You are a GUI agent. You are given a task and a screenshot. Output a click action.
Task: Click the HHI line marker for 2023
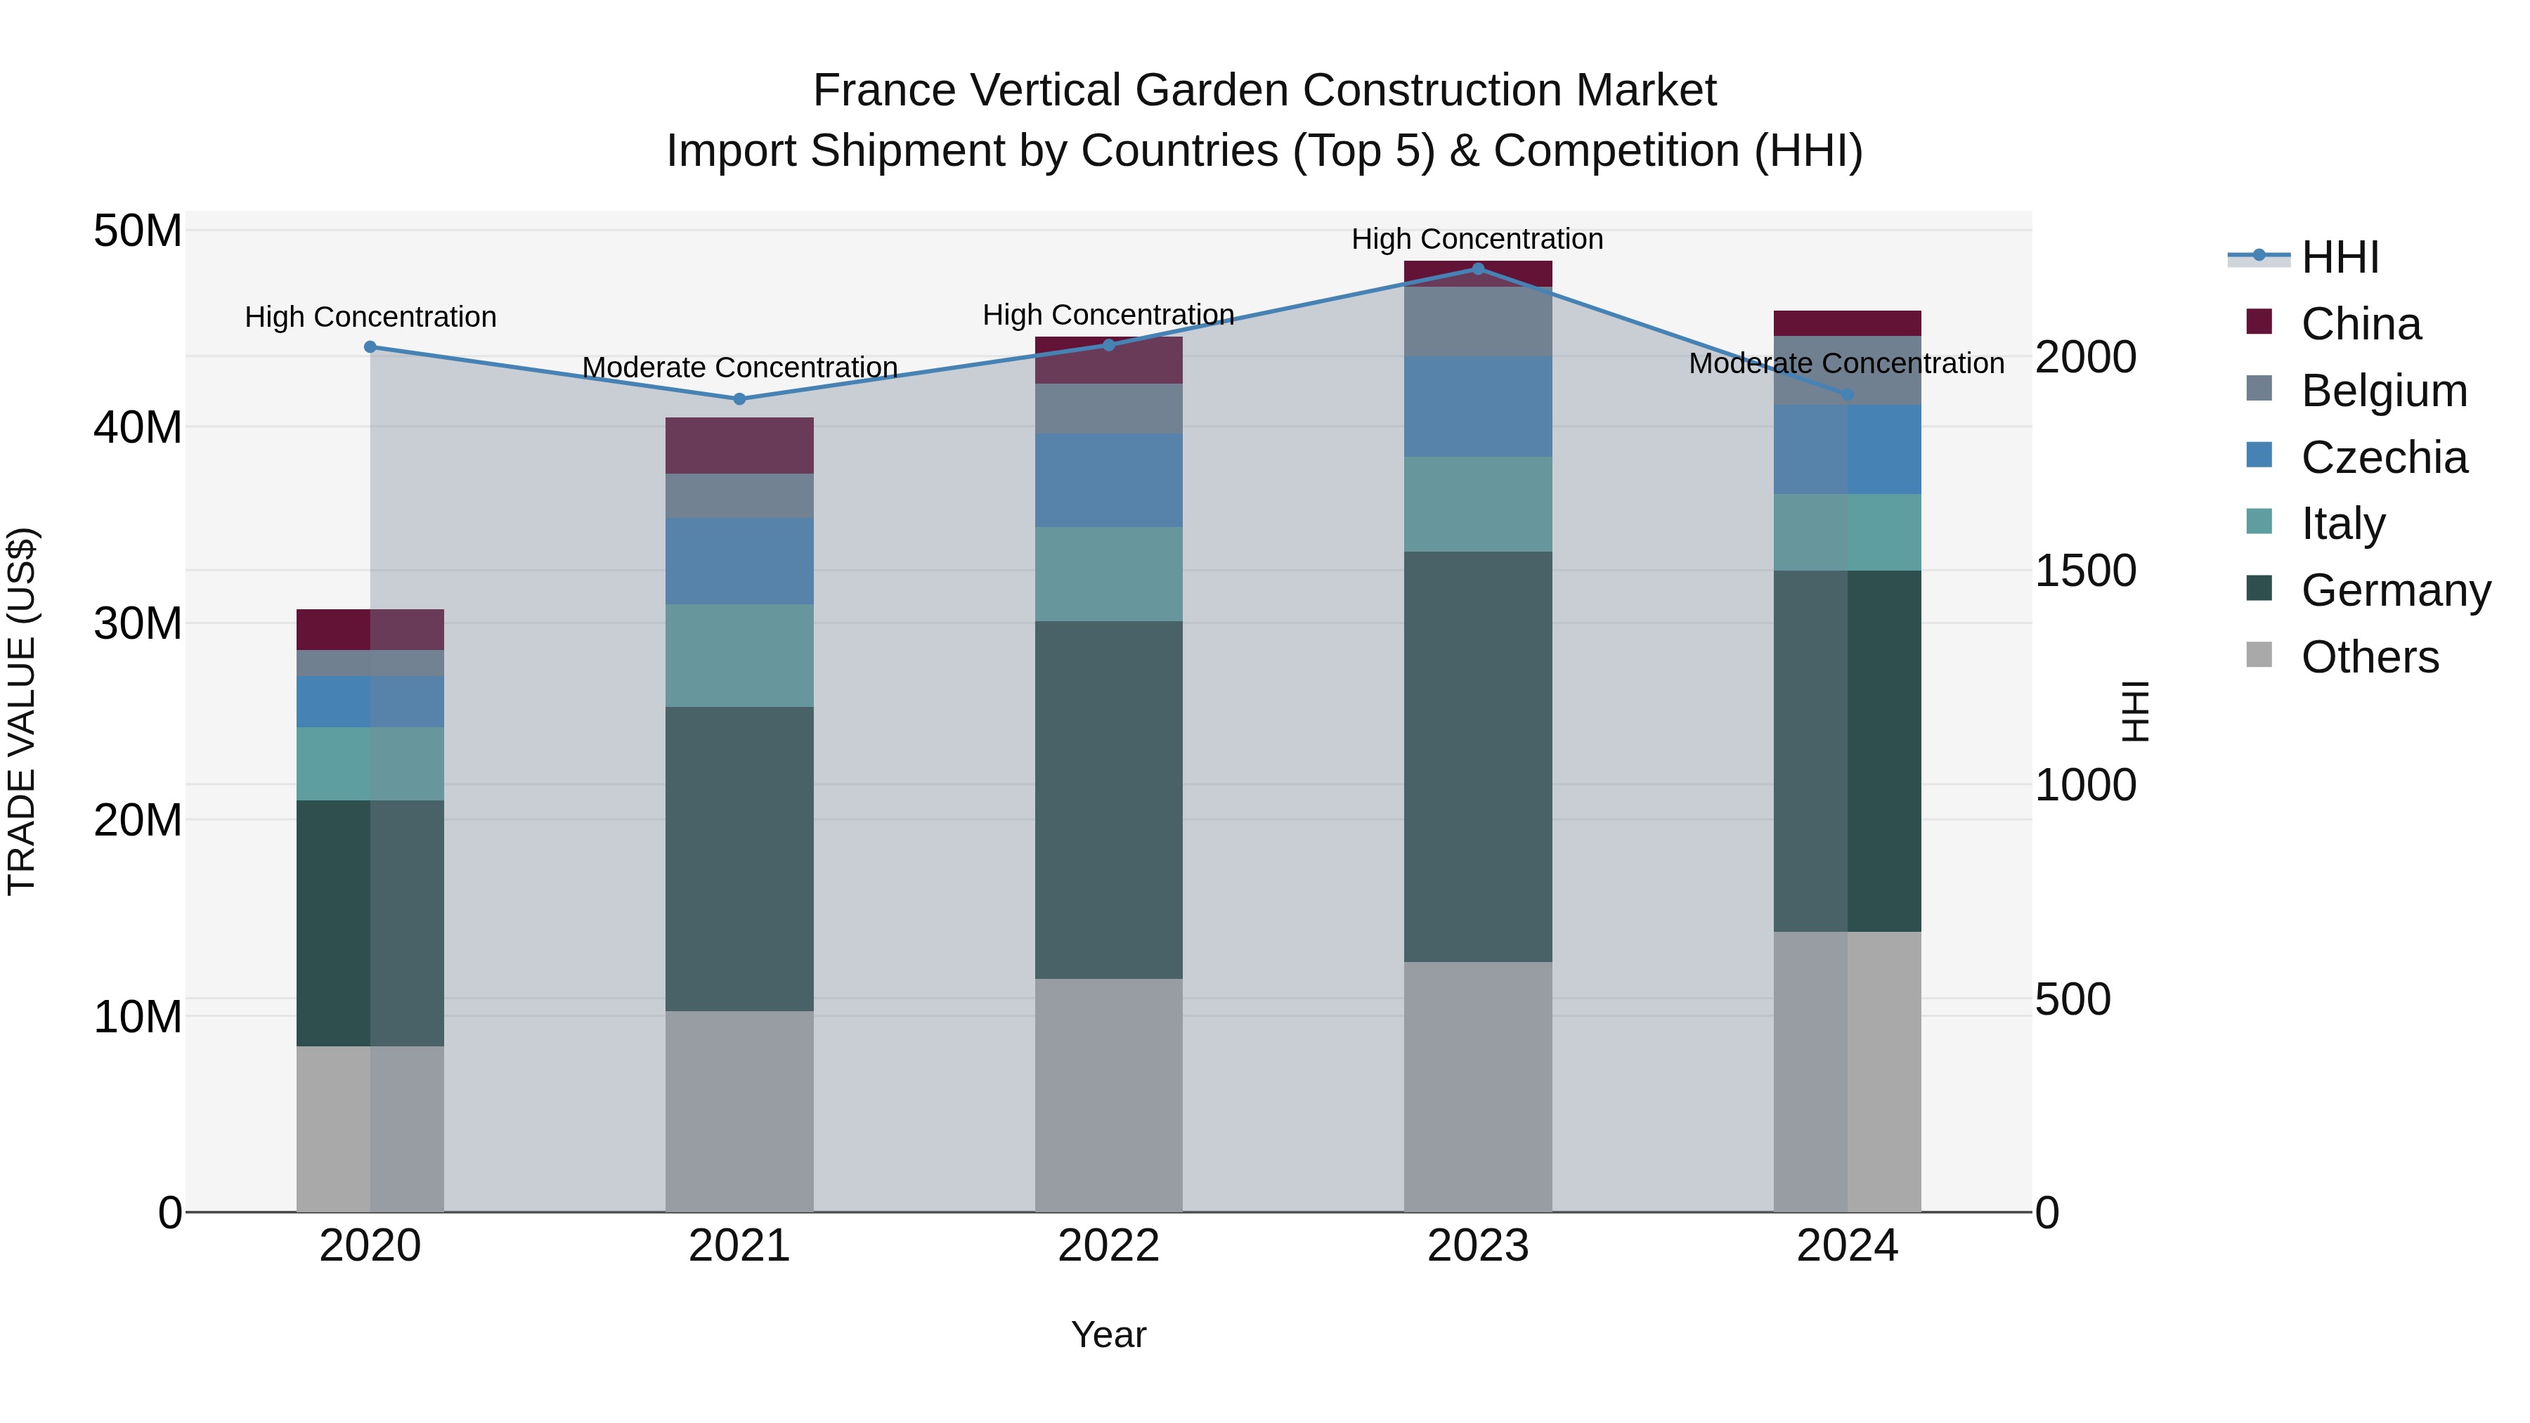[1477, 269]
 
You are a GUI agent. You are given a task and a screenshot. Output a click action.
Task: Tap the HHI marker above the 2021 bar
[739, 398]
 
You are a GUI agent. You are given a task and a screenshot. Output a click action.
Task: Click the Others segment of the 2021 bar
[739, 1111]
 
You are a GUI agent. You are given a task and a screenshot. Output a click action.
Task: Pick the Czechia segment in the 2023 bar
[1477, 407]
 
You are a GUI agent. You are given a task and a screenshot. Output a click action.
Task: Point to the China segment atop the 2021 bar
[739, 445]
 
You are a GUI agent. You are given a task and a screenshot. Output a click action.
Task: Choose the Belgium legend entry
[2384, 391]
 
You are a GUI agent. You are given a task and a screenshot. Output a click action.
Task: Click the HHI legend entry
[2340, 257]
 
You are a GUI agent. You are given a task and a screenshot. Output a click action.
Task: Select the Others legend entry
[2369, 657]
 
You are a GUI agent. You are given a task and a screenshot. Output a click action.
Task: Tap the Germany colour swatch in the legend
[2259, 590]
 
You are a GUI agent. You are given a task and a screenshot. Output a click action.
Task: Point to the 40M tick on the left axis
[138, 428]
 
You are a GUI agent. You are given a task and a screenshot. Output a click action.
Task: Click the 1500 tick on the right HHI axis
[2084, 571]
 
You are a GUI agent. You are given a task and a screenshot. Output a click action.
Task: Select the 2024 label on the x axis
[1846, 1246]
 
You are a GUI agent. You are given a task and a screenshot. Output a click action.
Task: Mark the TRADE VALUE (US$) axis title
[22, 711]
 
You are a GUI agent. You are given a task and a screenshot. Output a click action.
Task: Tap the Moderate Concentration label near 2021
[739, 368]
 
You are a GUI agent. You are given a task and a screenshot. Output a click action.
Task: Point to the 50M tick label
[138, 232]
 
